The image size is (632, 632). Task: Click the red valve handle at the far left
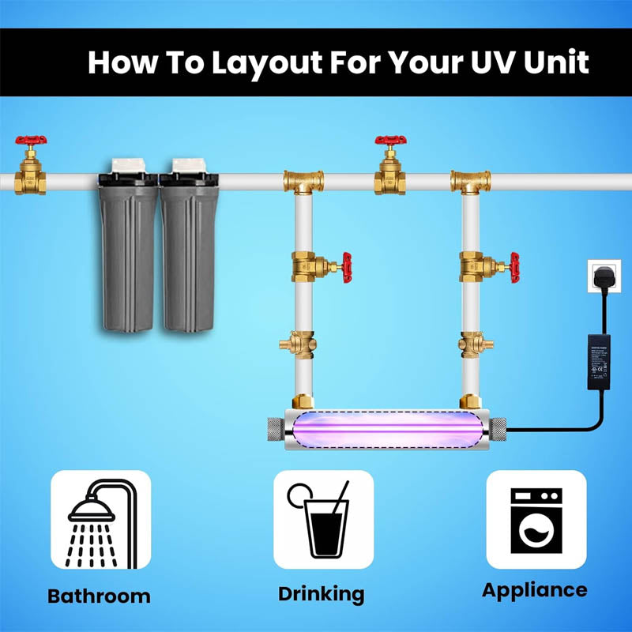click(x=31, y=143)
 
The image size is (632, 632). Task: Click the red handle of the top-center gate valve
click(x=390, y=143)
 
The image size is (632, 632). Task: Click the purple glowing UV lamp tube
click(x=387, y=431)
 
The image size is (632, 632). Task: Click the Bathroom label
click(x=99, y=596)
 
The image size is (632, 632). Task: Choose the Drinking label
click(x=321, y=594)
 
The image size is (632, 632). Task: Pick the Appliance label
click(x=535, y=590)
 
